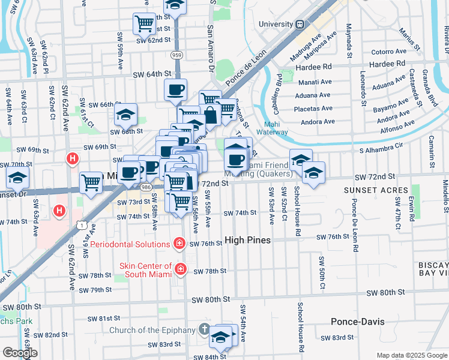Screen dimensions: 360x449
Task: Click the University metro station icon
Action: pyautogui.click(x=299, y=24)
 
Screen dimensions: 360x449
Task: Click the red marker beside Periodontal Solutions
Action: pyautogui.click(x=179, y=243)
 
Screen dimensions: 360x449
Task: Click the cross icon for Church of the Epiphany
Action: pyautogui.click(x=204, y=329)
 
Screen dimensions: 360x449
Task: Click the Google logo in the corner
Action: pyautogui.click(x=19, y=353)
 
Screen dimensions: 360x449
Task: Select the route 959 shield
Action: pyautogui.click(x=176, y=55)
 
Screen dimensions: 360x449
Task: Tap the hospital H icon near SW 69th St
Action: pyautogui.click(x=72, y=159)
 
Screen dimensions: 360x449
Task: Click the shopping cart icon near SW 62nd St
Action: pyautogui.click(x=144, y=23)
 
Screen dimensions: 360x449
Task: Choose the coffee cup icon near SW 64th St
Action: pyautogui.click(x=175, y=89)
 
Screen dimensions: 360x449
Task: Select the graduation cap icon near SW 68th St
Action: pyautogui.click(x=125, y=113)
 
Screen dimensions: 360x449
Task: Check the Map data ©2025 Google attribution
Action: pyautogui.click(x=411, y=355)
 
